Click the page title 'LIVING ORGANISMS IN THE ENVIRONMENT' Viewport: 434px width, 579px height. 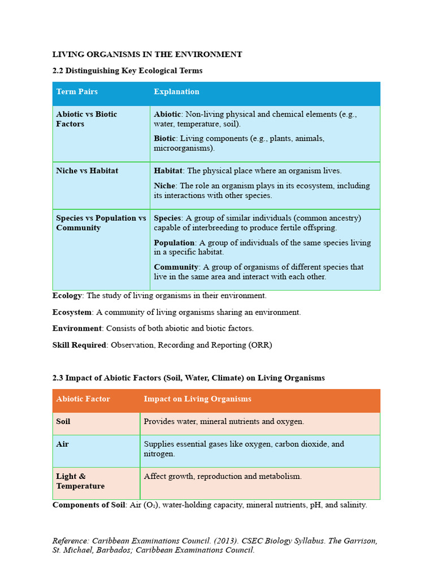point(147,54)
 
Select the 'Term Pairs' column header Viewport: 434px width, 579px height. point(77,92)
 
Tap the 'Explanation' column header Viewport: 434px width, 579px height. point(176,92)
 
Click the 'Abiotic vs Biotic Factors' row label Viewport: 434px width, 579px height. point(86,119)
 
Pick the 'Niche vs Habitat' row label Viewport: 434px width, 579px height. point(87,170)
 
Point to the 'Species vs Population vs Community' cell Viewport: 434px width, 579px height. point(101,223)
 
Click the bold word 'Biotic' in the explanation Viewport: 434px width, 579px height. point(165,139)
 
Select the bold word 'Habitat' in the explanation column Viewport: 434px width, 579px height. point(168,170)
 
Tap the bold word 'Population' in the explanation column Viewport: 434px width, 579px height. point(174,243)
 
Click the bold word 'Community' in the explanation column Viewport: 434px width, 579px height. point(176,267)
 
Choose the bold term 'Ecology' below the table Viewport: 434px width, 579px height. point(67,296)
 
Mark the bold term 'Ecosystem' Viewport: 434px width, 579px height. point(72,312)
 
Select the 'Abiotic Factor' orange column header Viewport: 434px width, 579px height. point(83,399)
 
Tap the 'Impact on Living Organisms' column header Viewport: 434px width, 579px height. point(197,399)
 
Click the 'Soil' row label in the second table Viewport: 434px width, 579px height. point(63,422)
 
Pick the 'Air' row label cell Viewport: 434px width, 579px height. point(62,444)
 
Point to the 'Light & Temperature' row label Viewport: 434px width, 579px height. point(80,481)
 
